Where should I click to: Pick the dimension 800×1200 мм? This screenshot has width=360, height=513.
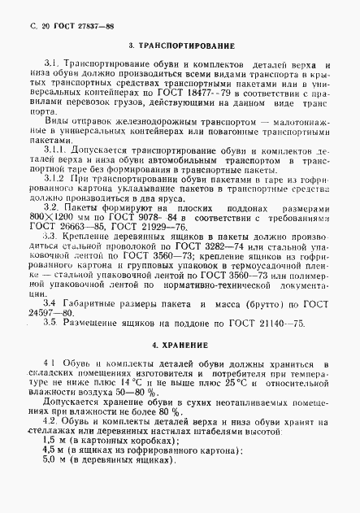[x=59, y=217]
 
